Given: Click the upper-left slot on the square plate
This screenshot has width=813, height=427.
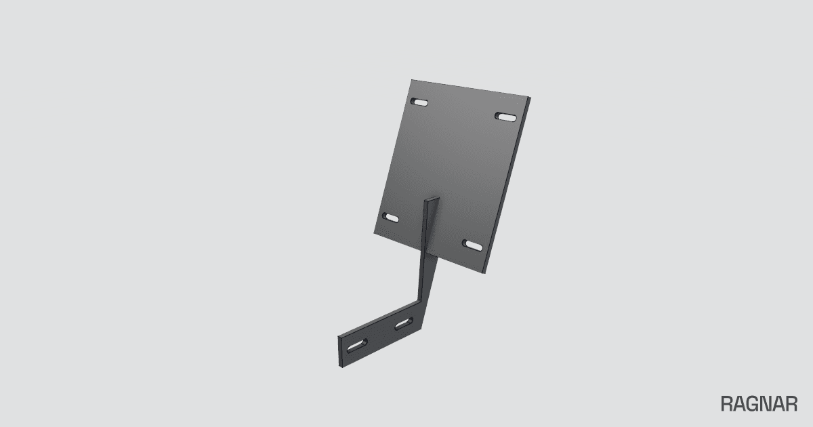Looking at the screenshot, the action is tap(419, 102).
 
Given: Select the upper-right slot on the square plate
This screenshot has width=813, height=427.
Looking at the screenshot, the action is tap(505, 117).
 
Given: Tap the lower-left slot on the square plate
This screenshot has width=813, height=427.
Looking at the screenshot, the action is tap(390, 218).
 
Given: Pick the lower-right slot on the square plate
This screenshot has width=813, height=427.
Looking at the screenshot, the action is tap(473, 245).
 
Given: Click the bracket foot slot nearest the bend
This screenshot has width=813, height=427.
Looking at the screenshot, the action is tap(404, 323).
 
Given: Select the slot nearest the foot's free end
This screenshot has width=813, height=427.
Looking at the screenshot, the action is tap(357, 346).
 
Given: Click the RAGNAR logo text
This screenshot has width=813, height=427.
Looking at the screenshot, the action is tap(759, 404).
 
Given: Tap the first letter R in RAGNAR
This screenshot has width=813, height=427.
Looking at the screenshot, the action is tap(727, 404).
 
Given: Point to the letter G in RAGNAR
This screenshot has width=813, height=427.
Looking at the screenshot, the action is tap(753, 404).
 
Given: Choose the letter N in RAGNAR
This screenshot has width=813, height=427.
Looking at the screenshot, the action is tap(766, 404).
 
